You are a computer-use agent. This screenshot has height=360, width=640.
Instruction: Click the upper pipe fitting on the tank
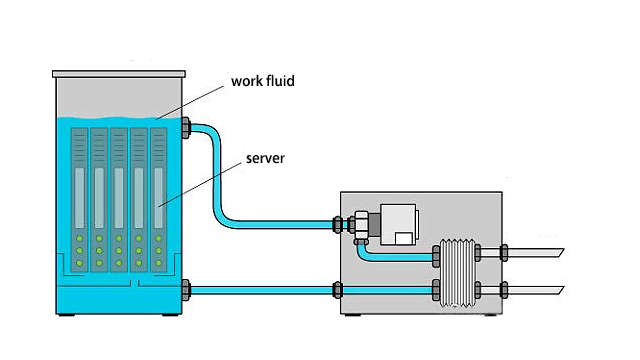click(x=186, y=127)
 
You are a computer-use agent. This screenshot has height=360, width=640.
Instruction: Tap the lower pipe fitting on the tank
click(x=186, y=290)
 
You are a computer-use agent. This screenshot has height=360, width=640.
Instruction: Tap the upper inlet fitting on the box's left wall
click(x=337, y=223)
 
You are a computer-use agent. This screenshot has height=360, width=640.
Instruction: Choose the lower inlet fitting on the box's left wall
click(x=337, y=290)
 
